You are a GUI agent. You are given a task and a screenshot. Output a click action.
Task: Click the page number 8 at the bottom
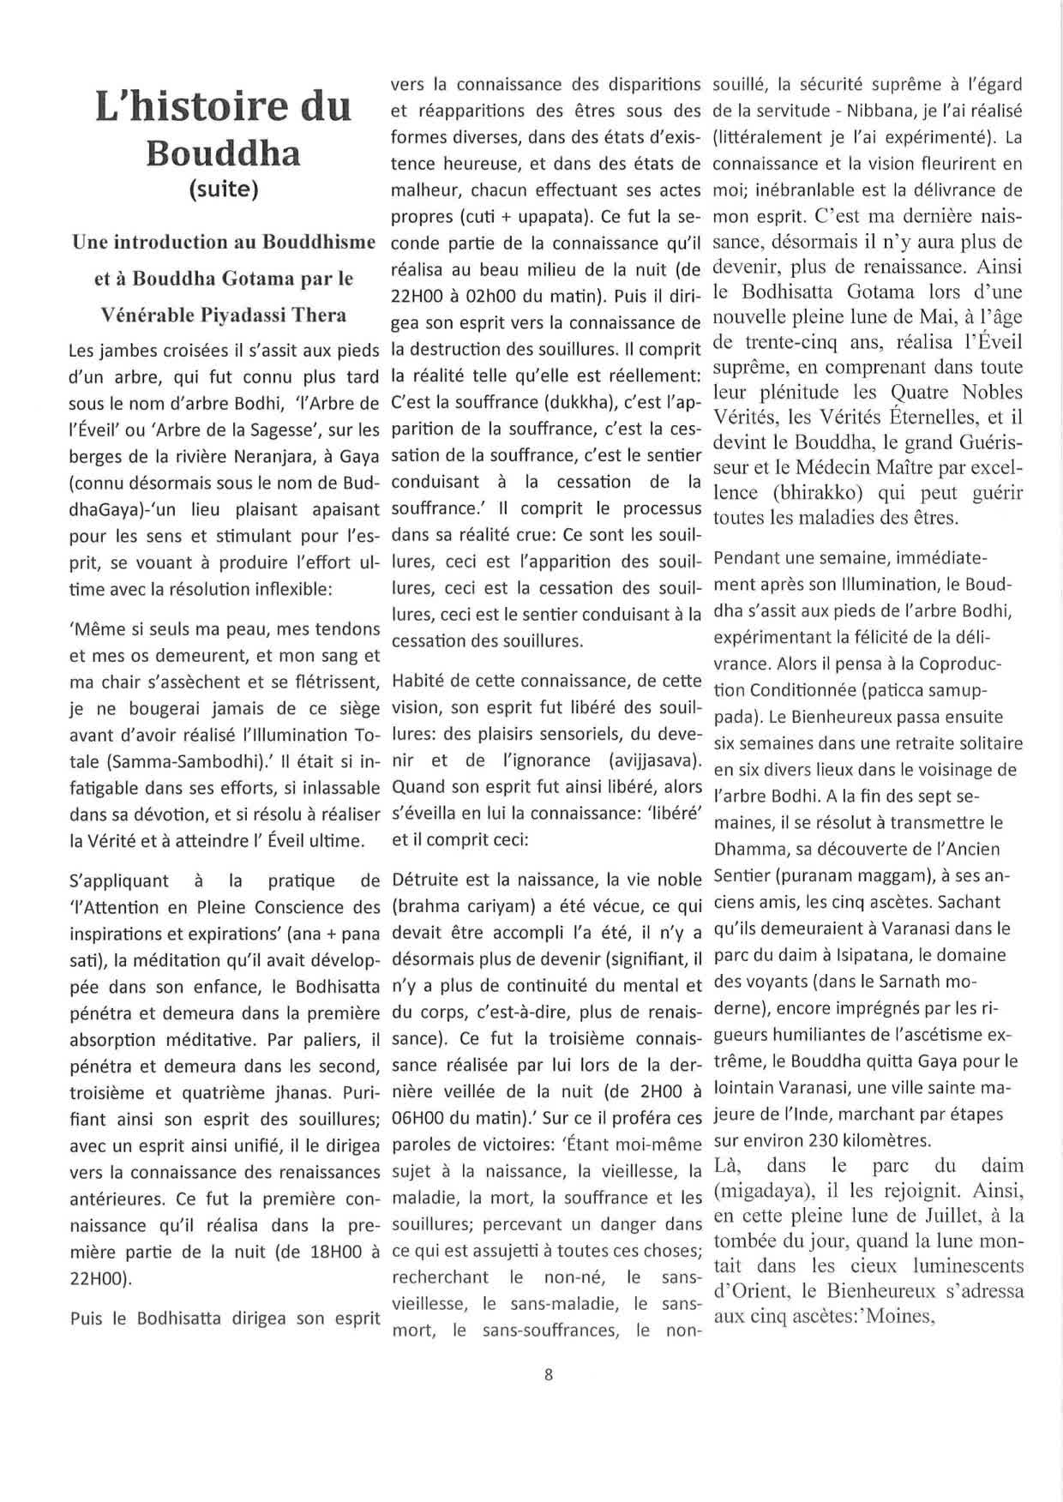(x=549, y=1374)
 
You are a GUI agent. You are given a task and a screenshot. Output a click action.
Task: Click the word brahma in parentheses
(x=424, y=906)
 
